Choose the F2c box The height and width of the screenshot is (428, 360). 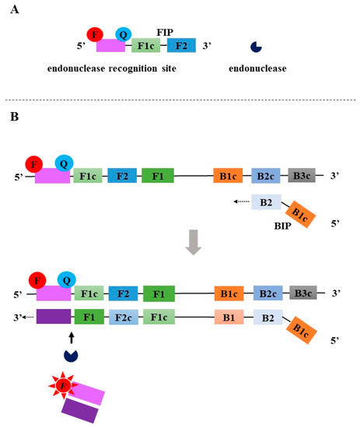[x=124, y=318]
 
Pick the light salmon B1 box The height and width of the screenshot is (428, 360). [x=231, y=318]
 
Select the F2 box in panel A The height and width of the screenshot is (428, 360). [x=181, y=46]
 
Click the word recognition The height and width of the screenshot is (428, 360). [x=124, y=68]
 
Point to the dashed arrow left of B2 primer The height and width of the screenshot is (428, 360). [x=237, y=202]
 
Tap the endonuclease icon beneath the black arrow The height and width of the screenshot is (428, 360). [x=71, y=355]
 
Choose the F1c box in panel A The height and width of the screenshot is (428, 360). [x=147, y=46]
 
